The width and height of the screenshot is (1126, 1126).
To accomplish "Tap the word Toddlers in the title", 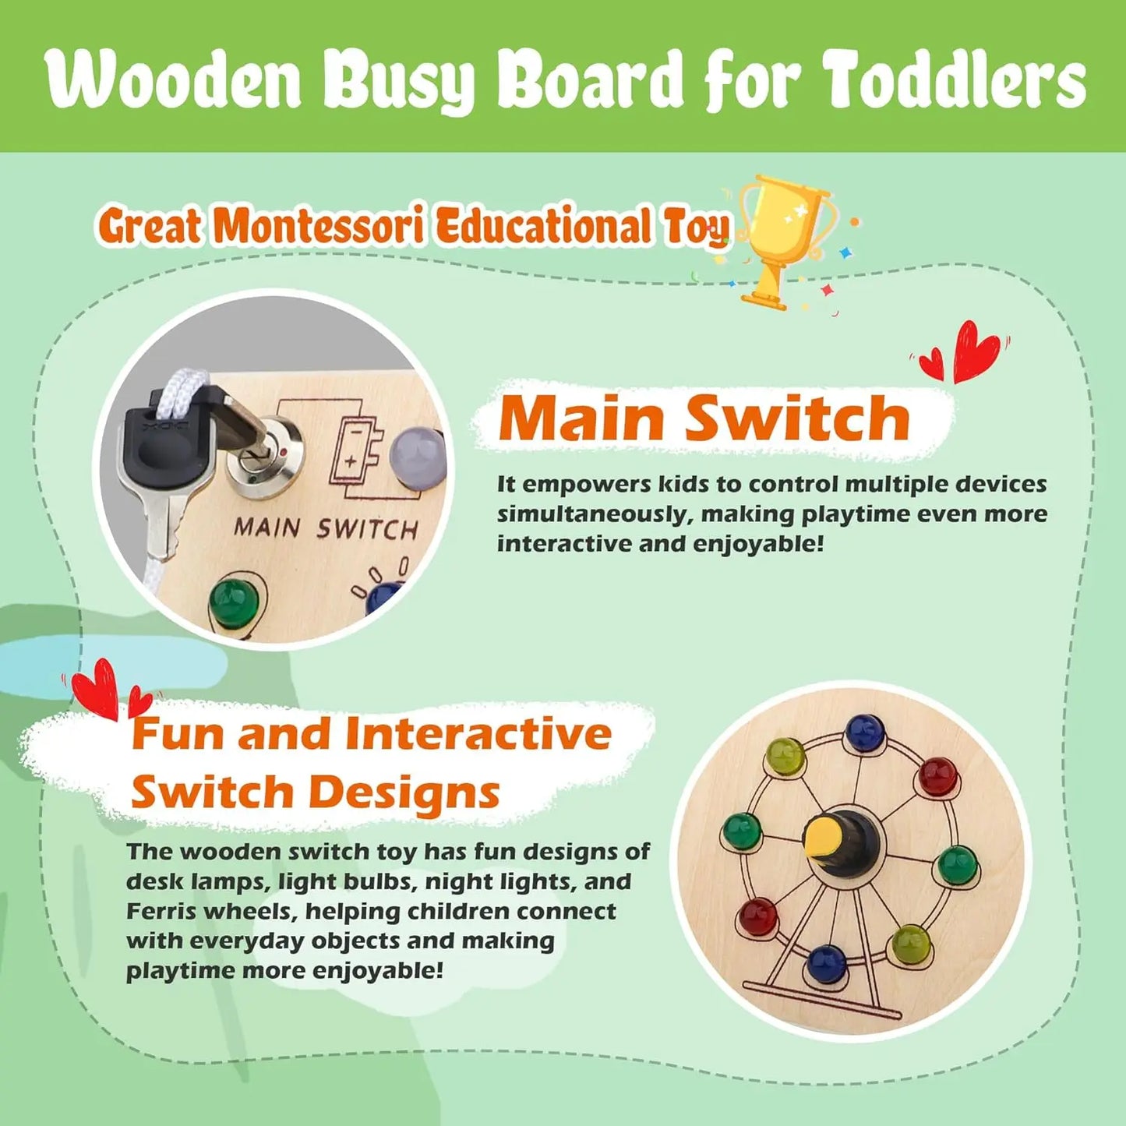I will pos(954,80).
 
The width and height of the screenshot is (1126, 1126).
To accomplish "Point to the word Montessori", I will pos(319,227).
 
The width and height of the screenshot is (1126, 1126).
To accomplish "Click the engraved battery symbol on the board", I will pos(355,452).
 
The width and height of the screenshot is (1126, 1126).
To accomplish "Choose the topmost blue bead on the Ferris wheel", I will pos(864,732).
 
